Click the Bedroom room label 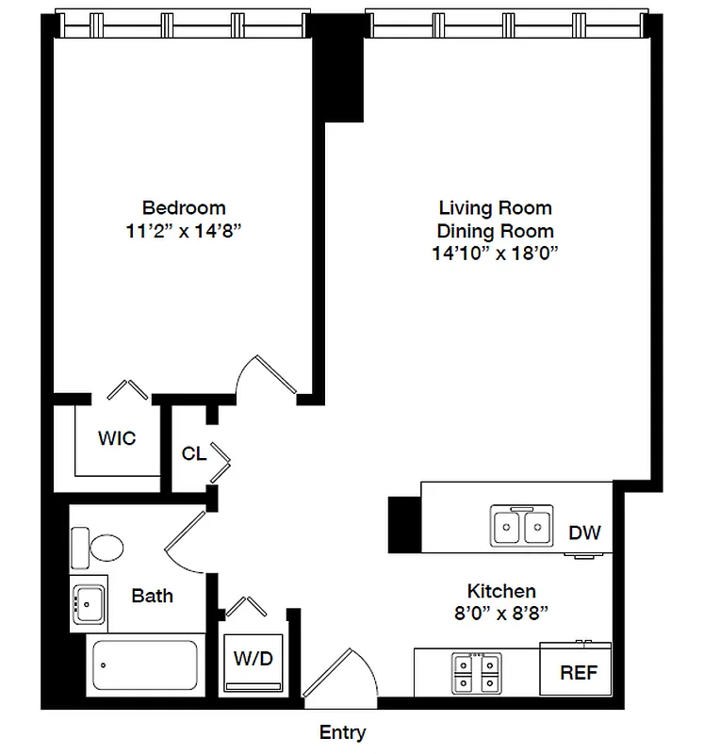pyautogui.click(x=184, y=207)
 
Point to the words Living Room pyautogui.click(x=495, y=207)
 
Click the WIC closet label pyautogui.click(x=117, y=438)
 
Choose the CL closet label pyautogui.click(x=193, y=454)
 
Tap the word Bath pyautogui.click(x=152, y=596)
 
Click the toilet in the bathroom pyautogui.click(x=97, y=546)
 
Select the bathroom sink pyautogui.click(x=90, y=603)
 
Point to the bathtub pyautogui.click(x=145, y=666)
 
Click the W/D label pyautogui.click(x=252, y=658)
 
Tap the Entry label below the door pyautogui.click(x=342, y=732)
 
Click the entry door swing pyautogui.click(x=330, y=674)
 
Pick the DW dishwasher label pyautogui.click(x=583, y=533)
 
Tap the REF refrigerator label pyautogui.click(x=578, y=674)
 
